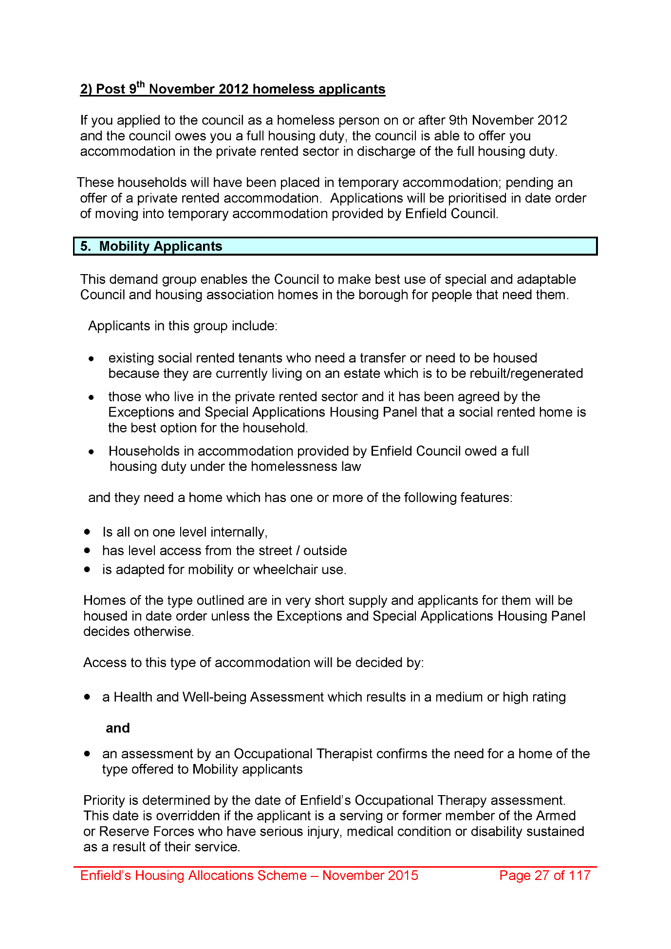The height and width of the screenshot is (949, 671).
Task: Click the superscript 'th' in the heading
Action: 141,84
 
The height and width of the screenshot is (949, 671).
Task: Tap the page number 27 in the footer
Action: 542,875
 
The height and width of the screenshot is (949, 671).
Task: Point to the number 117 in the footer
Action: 579,875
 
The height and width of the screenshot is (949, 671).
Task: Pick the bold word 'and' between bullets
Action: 118,728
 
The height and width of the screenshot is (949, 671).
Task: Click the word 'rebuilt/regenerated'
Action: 532,373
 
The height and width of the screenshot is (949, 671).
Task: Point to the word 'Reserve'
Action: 124,831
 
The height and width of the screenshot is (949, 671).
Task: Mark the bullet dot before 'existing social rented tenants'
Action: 92,358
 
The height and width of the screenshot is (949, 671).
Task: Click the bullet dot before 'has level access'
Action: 87,551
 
